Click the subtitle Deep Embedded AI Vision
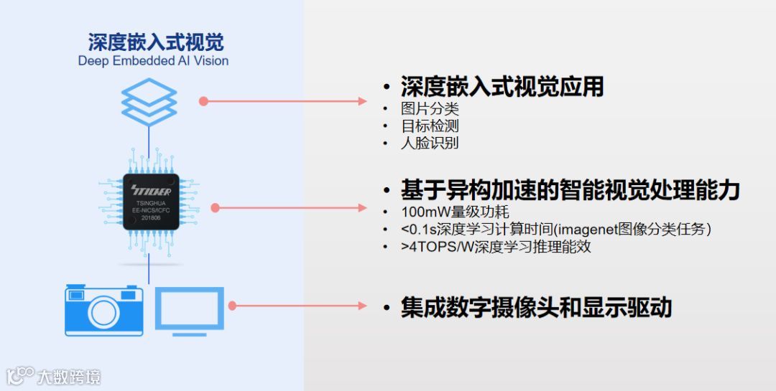[153, 61]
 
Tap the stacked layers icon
[149, 101]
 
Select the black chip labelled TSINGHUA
[149, 201]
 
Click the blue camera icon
[103, 310]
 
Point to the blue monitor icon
[190, 309]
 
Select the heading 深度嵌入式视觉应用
[502, 87]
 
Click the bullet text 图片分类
[430, 109]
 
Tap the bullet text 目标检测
[430, 126]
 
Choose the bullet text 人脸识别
[430, 143]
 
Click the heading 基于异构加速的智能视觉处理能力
[570, 190]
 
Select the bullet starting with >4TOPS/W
[496, 247]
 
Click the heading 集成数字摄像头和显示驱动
[536, 307]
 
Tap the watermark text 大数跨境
[69, 376]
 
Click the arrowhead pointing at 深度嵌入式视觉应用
[363, 101]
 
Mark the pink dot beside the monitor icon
[233, 306]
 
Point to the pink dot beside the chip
[215, 208]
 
